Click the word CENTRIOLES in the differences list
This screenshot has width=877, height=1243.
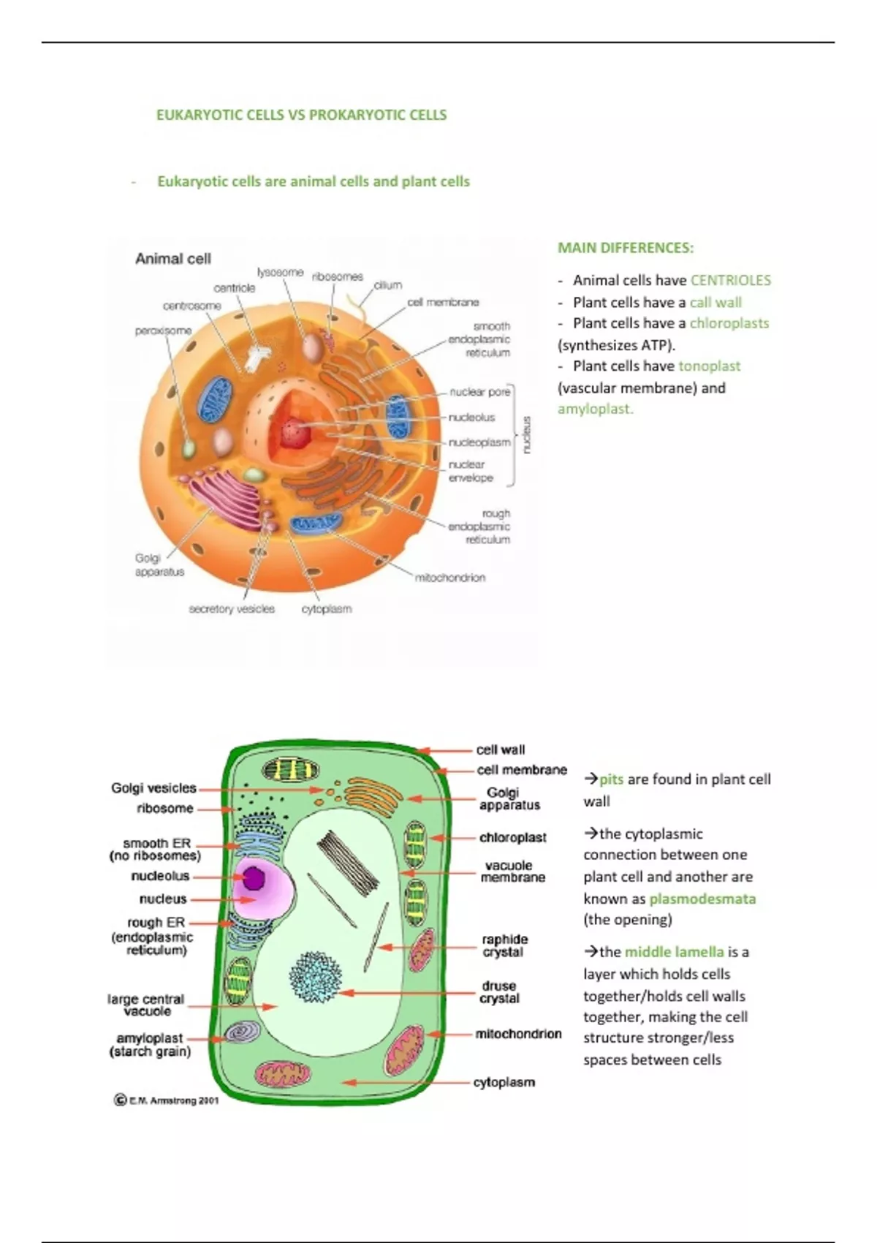click(x=730, y=281)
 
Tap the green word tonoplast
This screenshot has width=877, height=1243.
click(x=709, y=366)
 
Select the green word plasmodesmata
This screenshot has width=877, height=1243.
click(x=702, y=899)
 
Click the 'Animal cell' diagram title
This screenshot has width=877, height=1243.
click(x=173, y=259)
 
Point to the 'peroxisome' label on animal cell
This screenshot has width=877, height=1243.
click(x=163, y=331)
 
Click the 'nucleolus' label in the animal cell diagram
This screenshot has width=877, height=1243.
click(x=471, y=418)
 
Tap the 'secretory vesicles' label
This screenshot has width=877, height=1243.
click(x=232, y=609)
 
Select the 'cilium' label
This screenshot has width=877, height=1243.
click(x=388, y=285)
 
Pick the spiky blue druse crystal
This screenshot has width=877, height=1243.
click(x=316, y=976)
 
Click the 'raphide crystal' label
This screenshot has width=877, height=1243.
click(x=504, y=945)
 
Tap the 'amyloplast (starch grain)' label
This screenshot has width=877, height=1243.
click(x=150, y=1045)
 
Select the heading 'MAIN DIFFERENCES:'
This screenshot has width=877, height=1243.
click(x=626, y=248)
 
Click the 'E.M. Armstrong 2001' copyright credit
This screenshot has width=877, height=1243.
click(x=167, y=1100)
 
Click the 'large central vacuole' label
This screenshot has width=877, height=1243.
click(x=146, y=1005)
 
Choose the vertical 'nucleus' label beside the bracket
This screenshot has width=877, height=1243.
click(x=528, y=436)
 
